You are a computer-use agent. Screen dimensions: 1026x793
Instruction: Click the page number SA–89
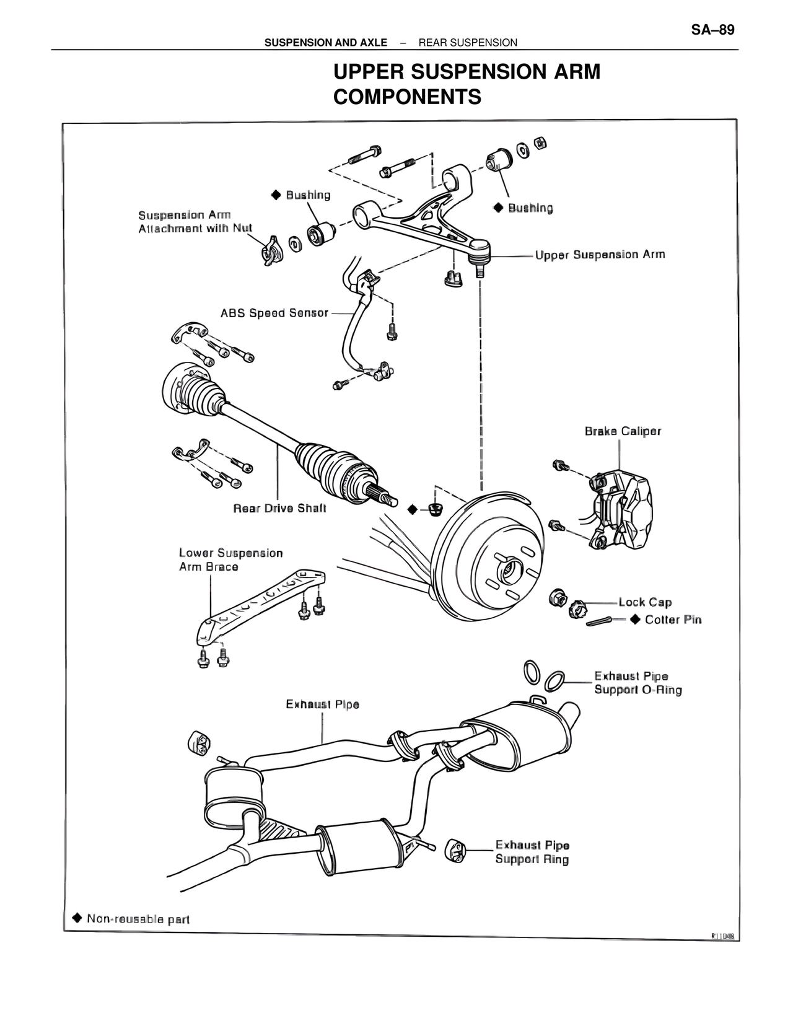point(712,30)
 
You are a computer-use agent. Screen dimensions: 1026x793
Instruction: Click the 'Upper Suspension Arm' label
point(600,255)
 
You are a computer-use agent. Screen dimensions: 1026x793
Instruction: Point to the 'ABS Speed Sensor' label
point(274,313)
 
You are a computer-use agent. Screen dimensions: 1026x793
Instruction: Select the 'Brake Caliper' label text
point(623,431)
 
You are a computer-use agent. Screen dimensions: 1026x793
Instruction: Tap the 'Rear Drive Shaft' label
point(279,508)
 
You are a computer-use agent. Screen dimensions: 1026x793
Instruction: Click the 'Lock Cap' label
point(645,602)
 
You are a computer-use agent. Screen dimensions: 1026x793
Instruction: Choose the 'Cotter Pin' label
point(673,620)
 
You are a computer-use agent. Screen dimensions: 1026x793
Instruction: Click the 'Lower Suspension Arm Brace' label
point(230,559)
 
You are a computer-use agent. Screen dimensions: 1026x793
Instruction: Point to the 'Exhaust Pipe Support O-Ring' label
point(637,683)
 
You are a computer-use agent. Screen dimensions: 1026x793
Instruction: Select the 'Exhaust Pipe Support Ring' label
point(532,852)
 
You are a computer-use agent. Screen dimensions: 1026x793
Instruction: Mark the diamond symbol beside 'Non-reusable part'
point(77,917)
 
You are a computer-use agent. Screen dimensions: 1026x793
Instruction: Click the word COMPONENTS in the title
point(407,97)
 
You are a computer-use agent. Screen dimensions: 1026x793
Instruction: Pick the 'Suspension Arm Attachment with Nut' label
point(195,222)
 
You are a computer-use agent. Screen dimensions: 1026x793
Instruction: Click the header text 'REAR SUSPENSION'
point(468,43)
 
